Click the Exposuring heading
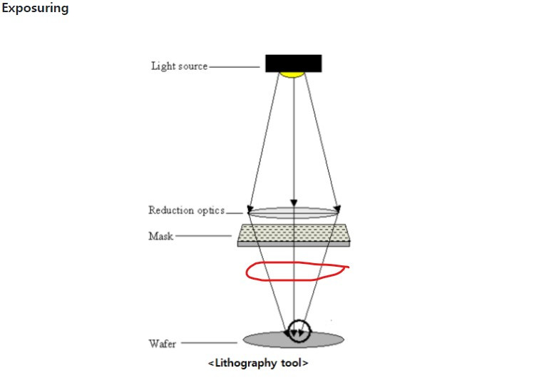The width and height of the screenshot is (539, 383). [x=35, y=9]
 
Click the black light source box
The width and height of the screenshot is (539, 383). [x=293, y=63]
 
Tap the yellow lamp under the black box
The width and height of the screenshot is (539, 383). [x=292, y=74]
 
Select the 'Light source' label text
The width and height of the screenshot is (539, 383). [x=179, y=66]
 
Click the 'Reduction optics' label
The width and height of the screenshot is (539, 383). [x=186, y=210]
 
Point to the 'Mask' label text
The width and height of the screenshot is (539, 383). [x=160, y=236]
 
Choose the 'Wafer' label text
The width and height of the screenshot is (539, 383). [x=163, y=344]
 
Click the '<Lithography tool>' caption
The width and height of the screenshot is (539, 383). [x=258, y=363]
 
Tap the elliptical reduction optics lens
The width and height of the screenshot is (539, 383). [x=292, y=212]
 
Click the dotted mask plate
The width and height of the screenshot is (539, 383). [x=293, y=233]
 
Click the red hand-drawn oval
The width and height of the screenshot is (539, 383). [x=297, y=272]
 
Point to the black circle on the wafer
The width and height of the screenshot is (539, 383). [x=299, y=331]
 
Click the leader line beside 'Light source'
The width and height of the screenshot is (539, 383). [x=234, y=67]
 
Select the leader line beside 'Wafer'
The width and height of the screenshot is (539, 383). [x=211, y=344]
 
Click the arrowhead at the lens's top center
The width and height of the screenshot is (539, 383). [x=293, y=203]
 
